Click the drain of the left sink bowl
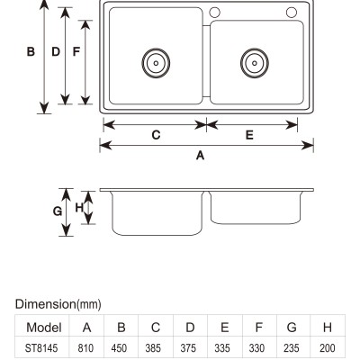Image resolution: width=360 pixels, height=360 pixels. (156, 63)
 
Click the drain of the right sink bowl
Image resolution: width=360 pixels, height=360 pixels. (255, 63)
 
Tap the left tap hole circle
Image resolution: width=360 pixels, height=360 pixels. (214, 13)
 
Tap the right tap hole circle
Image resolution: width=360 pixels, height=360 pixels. (292, 13)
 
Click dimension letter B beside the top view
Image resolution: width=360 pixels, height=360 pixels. (31, 51)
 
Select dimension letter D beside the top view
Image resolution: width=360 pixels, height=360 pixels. (56, 51)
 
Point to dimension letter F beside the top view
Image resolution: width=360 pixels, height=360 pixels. (76, 51)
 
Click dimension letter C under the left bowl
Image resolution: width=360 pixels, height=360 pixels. (156, 135)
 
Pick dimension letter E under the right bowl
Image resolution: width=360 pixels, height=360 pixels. (249, 135)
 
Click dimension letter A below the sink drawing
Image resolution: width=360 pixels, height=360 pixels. (200, 156)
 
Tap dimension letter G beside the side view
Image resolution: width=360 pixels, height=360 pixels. (58, 211)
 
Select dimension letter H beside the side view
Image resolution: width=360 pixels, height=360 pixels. (79, 207)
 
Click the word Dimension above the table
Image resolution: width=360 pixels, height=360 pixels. (45, 304)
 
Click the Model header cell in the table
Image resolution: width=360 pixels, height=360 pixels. (44, 328)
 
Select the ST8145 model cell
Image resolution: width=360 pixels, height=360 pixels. (41, 348)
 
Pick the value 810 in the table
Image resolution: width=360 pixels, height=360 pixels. (85, 348)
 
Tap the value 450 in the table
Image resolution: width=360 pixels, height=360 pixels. (120, 348)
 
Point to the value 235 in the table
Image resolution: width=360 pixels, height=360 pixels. (292, 348)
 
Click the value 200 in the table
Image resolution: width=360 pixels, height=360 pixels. (328, 348)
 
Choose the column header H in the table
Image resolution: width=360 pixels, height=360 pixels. (328, 328)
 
